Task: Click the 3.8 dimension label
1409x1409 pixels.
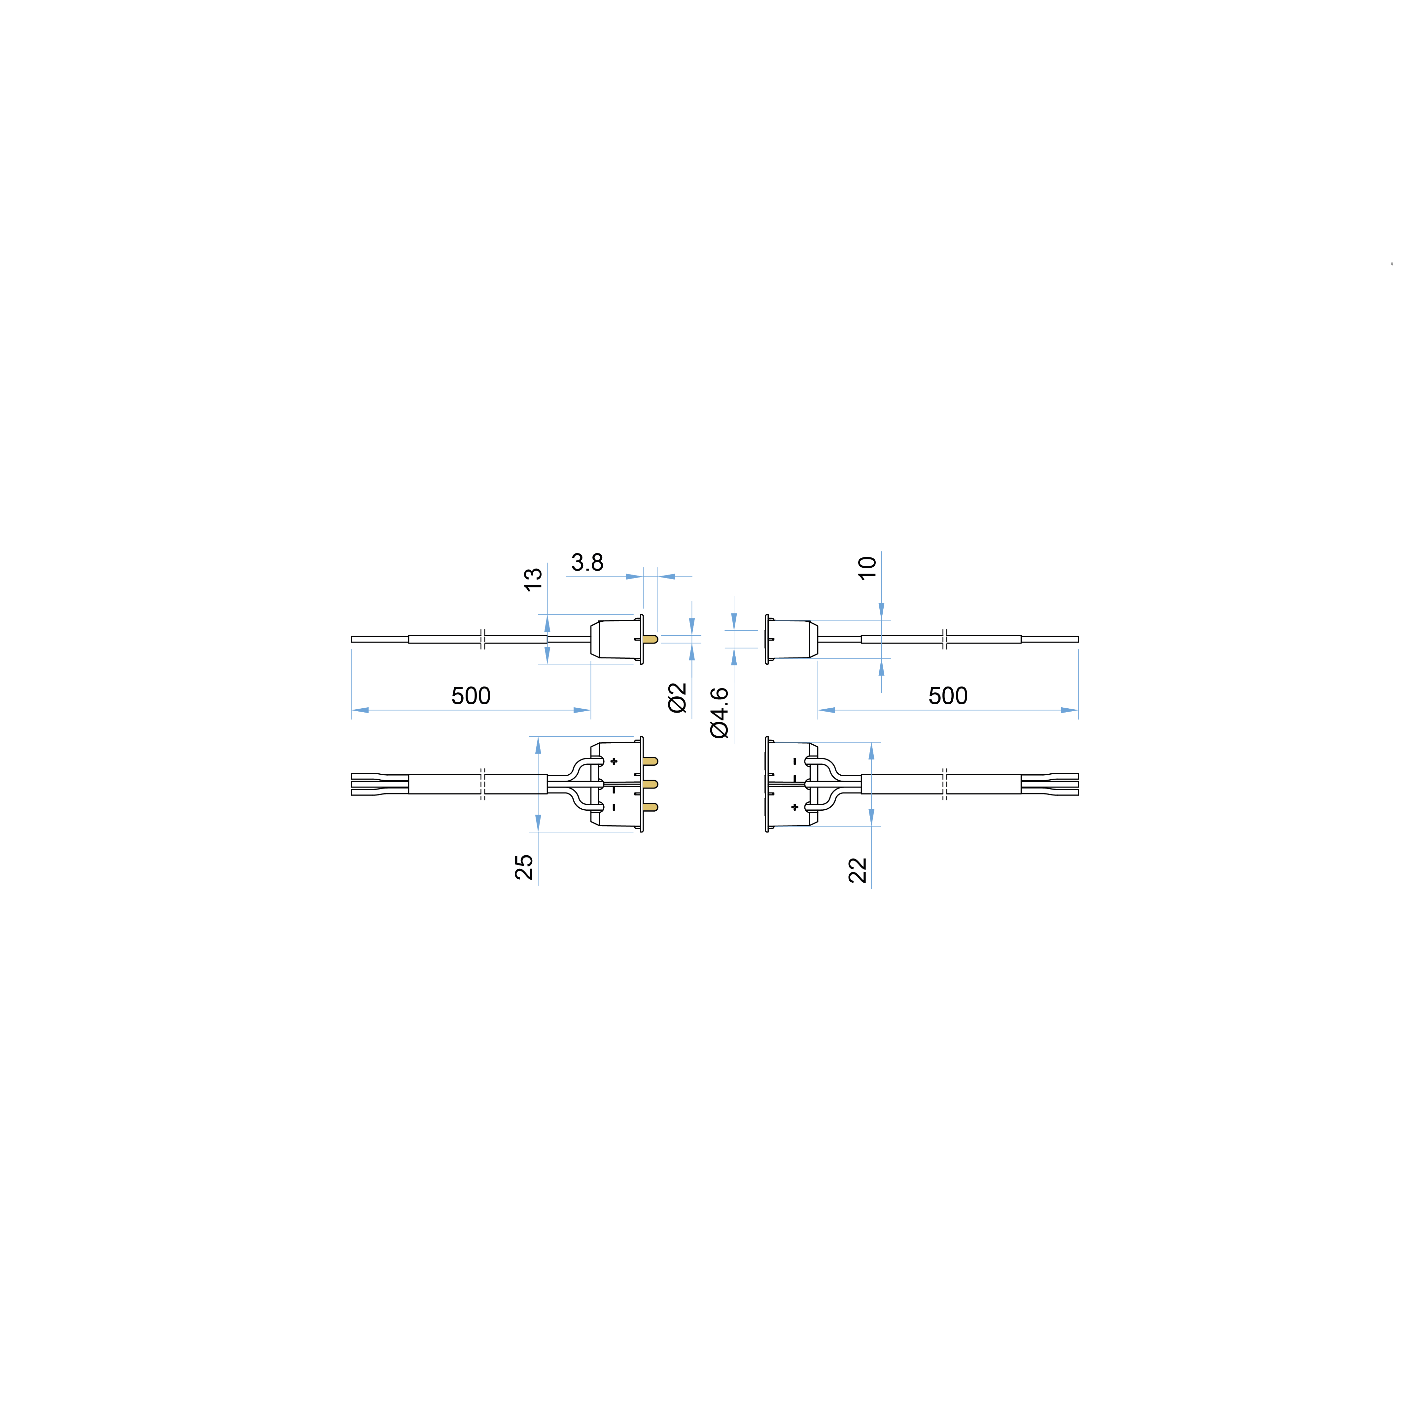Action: click(587, 562)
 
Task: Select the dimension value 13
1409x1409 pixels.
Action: click(533, 580)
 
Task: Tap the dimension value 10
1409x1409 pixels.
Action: click(867, 568)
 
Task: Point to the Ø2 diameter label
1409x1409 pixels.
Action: click(678, 698)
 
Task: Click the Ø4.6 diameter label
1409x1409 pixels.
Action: click(719, 713)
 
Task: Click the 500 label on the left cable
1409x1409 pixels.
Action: click(471, 696)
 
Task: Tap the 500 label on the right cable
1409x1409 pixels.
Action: click(948, 696)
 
